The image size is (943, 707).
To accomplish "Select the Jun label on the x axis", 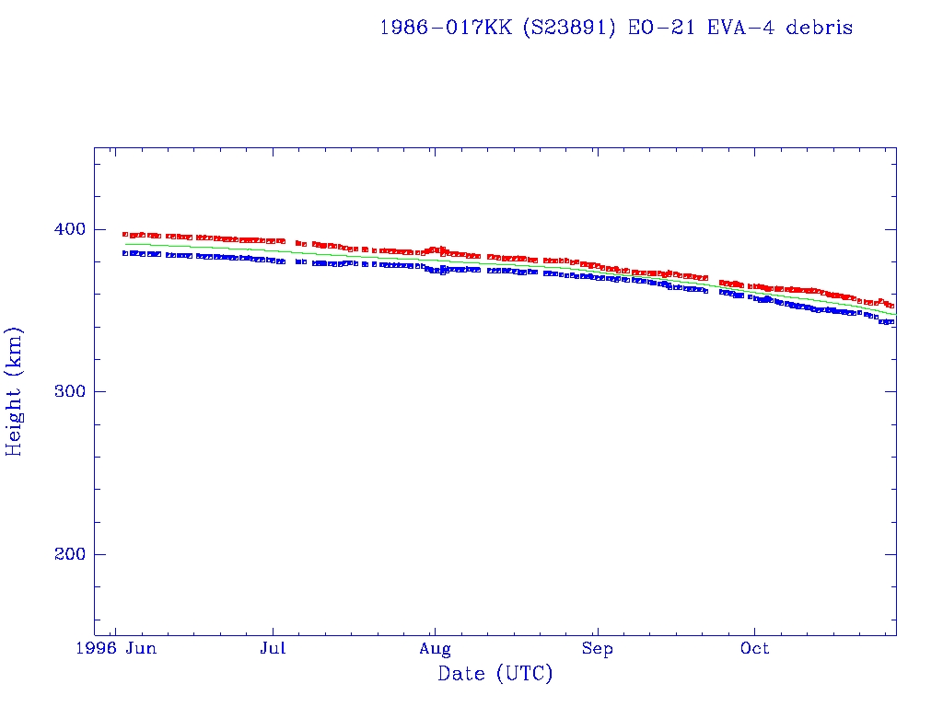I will point(141,649).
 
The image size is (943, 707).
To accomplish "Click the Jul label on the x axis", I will point(273,649).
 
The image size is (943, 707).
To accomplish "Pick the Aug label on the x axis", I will point(435,649).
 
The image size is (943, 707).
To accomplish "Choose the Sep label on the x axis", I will point(598,649).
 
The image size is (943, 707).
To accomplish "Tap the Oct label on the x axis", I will point(755,649).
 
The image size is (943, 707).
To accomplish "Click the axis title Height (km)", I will point(15,391).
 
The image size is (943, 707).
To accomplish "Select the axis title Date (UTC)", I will point(495,674).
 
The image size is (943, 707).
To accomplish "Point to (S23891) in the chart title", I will point(570,28).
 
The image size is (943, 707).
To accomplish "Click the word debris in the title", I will point(822,28).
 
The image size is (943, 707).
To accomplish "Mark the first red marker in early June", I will point(125,234).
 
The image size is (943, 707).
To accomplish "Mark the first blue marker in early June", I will point(125,253).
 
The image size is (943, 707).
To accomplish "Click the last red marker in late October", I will point(891,306).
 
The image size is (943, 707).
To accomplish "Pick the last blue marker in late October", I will point(891,321).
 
